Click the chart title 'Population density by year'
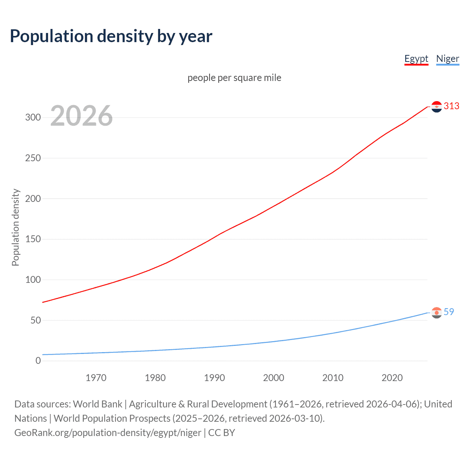click(111, 36)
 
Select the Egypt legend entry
click(416, 59)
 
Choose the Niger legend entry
click(447, 59)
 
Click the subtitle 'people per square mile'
click(234, 78)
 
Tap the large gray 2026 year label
click(81, 116)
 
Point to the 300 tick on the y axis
click(33, 118)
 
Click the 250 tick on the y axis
click(33, 158)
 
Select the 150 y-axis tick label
click(33, 239)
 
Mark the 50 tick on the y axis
click(35, 321)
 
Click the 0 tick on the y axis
click(38, 361)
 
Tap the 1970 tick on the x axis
click(96, 378)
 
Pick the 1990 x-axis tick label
click(214, 378)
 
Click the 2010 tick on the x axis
click(333, 378)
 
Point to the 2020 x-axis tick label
click(392, 378)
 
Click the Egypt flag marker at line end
click(436, 107)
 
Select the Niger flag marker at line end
click(436, 313)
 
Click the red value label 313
click(451, 106)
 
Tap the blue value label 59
click(449, 312)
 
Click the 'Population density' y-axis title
click(15, 227)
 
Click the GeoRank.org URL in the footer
click(108, 433)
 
